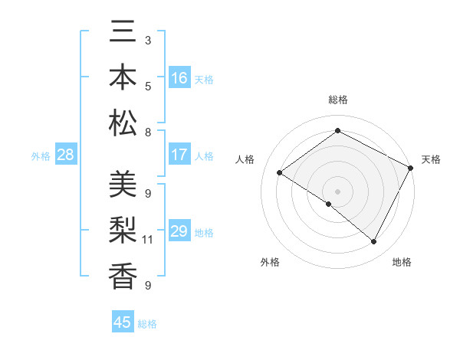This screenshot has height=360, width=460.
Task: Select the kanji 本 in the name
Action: point(123,79)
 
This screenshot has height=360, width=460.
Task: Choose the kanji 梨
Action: point(123,229)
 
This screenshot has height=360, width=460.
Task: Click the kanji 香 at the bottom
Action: point(123,273)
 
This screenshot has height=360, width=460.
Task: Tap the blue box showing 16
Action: point(179,78)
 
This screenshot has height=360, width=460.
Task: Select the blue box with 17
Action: point(179,155)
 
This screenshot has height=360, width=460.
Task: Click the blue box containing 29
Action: point(179,231)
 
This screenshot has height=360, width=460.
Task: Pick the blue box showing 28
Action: point(65,155)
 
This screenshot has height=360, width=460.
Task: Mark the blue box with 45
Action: point(123,322)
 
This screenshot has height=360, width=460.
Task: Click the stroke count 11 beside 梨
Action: point(148,240)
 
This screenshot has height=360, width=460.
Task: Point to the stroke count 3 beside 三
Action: point(148,40)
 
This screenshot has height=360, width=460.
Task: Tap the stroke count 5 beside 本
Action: point(148,86)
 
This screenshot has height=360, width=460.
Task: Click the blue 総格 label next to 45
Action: point(147,324)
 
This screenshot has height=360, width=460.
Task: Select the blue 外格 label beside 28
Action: point(41,156)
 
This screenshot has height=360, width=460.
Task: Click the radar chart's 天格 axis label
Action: point(431,159)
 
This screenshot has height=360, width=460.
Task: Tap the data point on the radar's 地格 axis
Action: point(374,242)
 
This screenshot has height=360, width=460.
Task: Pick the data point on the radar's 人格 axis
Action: point(280,173)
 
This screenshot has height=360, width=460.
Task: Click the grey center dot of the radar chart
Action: point(337,191)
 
